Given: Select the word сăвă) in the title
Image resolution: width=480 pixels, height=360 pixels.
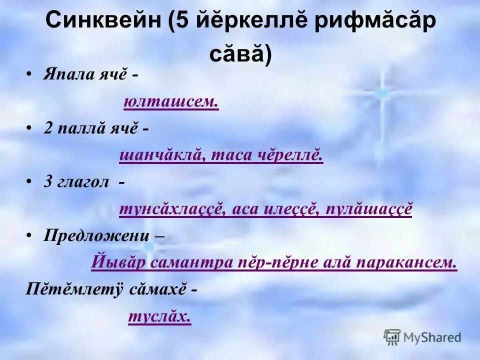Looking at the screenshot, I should pyautogui.click(x=240, y=54).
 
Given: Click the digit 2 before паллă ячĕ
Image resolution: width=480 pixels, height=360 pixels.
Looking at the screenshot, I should pyautogui.click(x=47, y=128).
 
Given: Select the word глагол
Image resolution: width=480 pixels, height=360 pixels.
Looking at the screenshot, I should pyautogui.click(x=83, y=182).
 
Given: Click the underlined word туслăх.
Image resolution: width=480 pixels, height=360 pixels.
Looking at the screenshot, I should pyautogui.click(x=159, y=316).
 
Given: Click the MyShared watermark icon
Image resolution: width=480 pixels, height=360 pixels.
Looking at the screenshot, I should pyautogui.click(x=392, y=337).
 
